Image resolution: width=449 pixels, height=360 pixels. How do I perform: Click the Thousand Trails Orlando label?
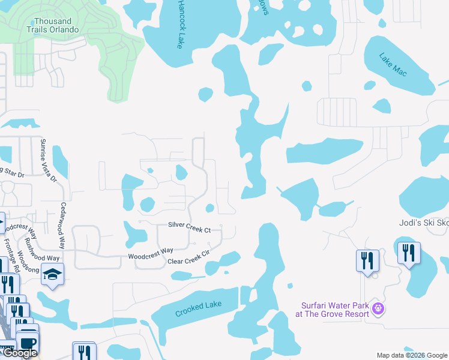click(53, 25)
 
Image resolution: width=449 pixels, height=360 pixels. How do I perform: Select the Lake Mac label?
click(393, 64)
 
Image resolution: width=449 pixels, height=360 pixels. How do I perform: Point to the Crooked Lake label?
click(198, 309)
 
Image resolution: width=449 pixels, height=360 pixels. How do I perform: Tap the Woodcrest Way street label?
click(151, 253)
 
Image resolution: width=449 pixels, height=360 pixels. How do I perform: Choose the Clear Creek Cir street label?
click(188, 258)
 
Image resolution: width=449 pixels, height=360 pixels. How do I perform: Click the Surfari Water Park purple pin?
click(378, 309)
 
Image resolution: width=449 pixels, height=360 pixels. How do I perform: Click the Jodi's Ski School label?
click(424, 222)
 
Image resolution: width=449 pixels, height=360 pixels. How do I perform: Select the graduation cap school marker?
click(53, 275)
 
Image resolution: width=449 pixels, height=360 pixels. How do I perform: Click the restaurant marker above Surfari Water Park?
click(367, 260)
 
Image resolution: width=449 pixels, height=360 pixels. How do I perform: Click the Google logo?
click(20, 353)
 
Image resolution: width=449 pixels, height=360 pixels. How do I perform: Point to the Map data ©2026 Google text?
click(411, 355)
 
